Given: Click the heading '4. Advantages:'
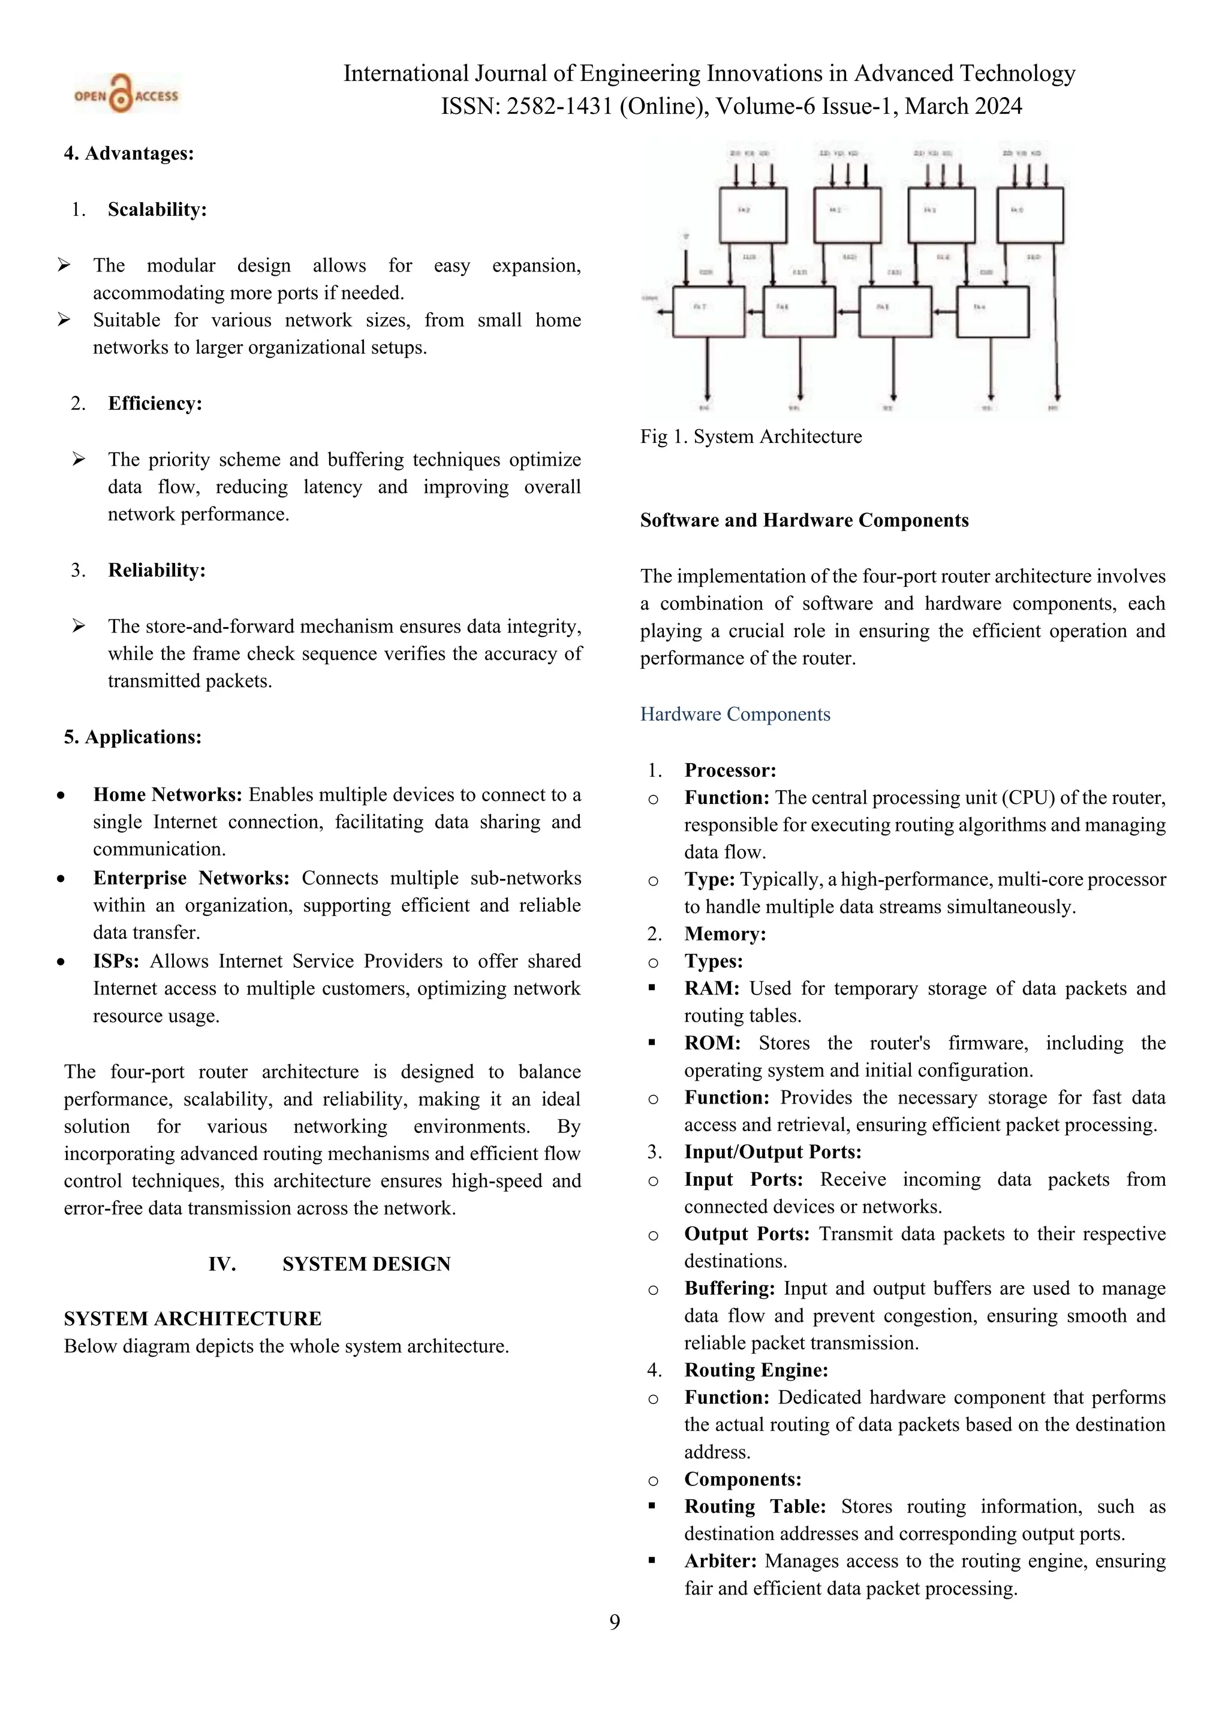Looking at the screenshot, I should click(x=128, y=153).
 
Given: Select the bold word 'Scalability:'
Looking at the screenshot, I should click(x=156, y=209).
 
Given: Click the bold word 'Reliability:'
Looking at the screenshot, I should click(x=156, y=570).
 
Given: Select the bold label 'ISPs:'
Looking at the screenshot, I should click(x=116, y=961).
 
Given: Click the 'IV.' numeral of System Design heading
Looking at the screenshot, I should click(x=222, y=1264).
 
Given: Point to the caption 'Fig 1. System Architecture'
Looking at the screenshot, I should click(x=750, y=437).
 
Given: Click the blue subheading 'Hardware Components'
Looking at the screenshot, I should click(x=735, y=715).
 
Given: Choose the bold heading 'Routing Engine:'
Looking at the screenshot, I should click(x=756, y=1370).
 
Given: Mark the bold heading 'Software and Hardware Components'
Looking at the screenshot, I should click(x=804, y=520).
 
